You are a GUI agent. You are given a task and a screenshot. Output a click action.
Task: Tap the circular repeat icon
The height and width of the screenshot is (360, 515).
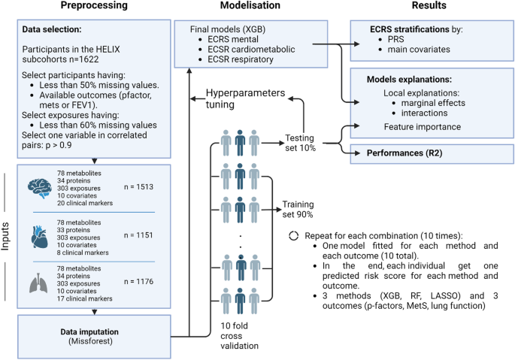tap(294, 234)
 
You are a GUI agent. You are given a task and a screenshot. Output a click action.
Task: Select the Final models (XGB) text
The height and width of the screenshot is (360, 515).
tap(218, 27)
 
